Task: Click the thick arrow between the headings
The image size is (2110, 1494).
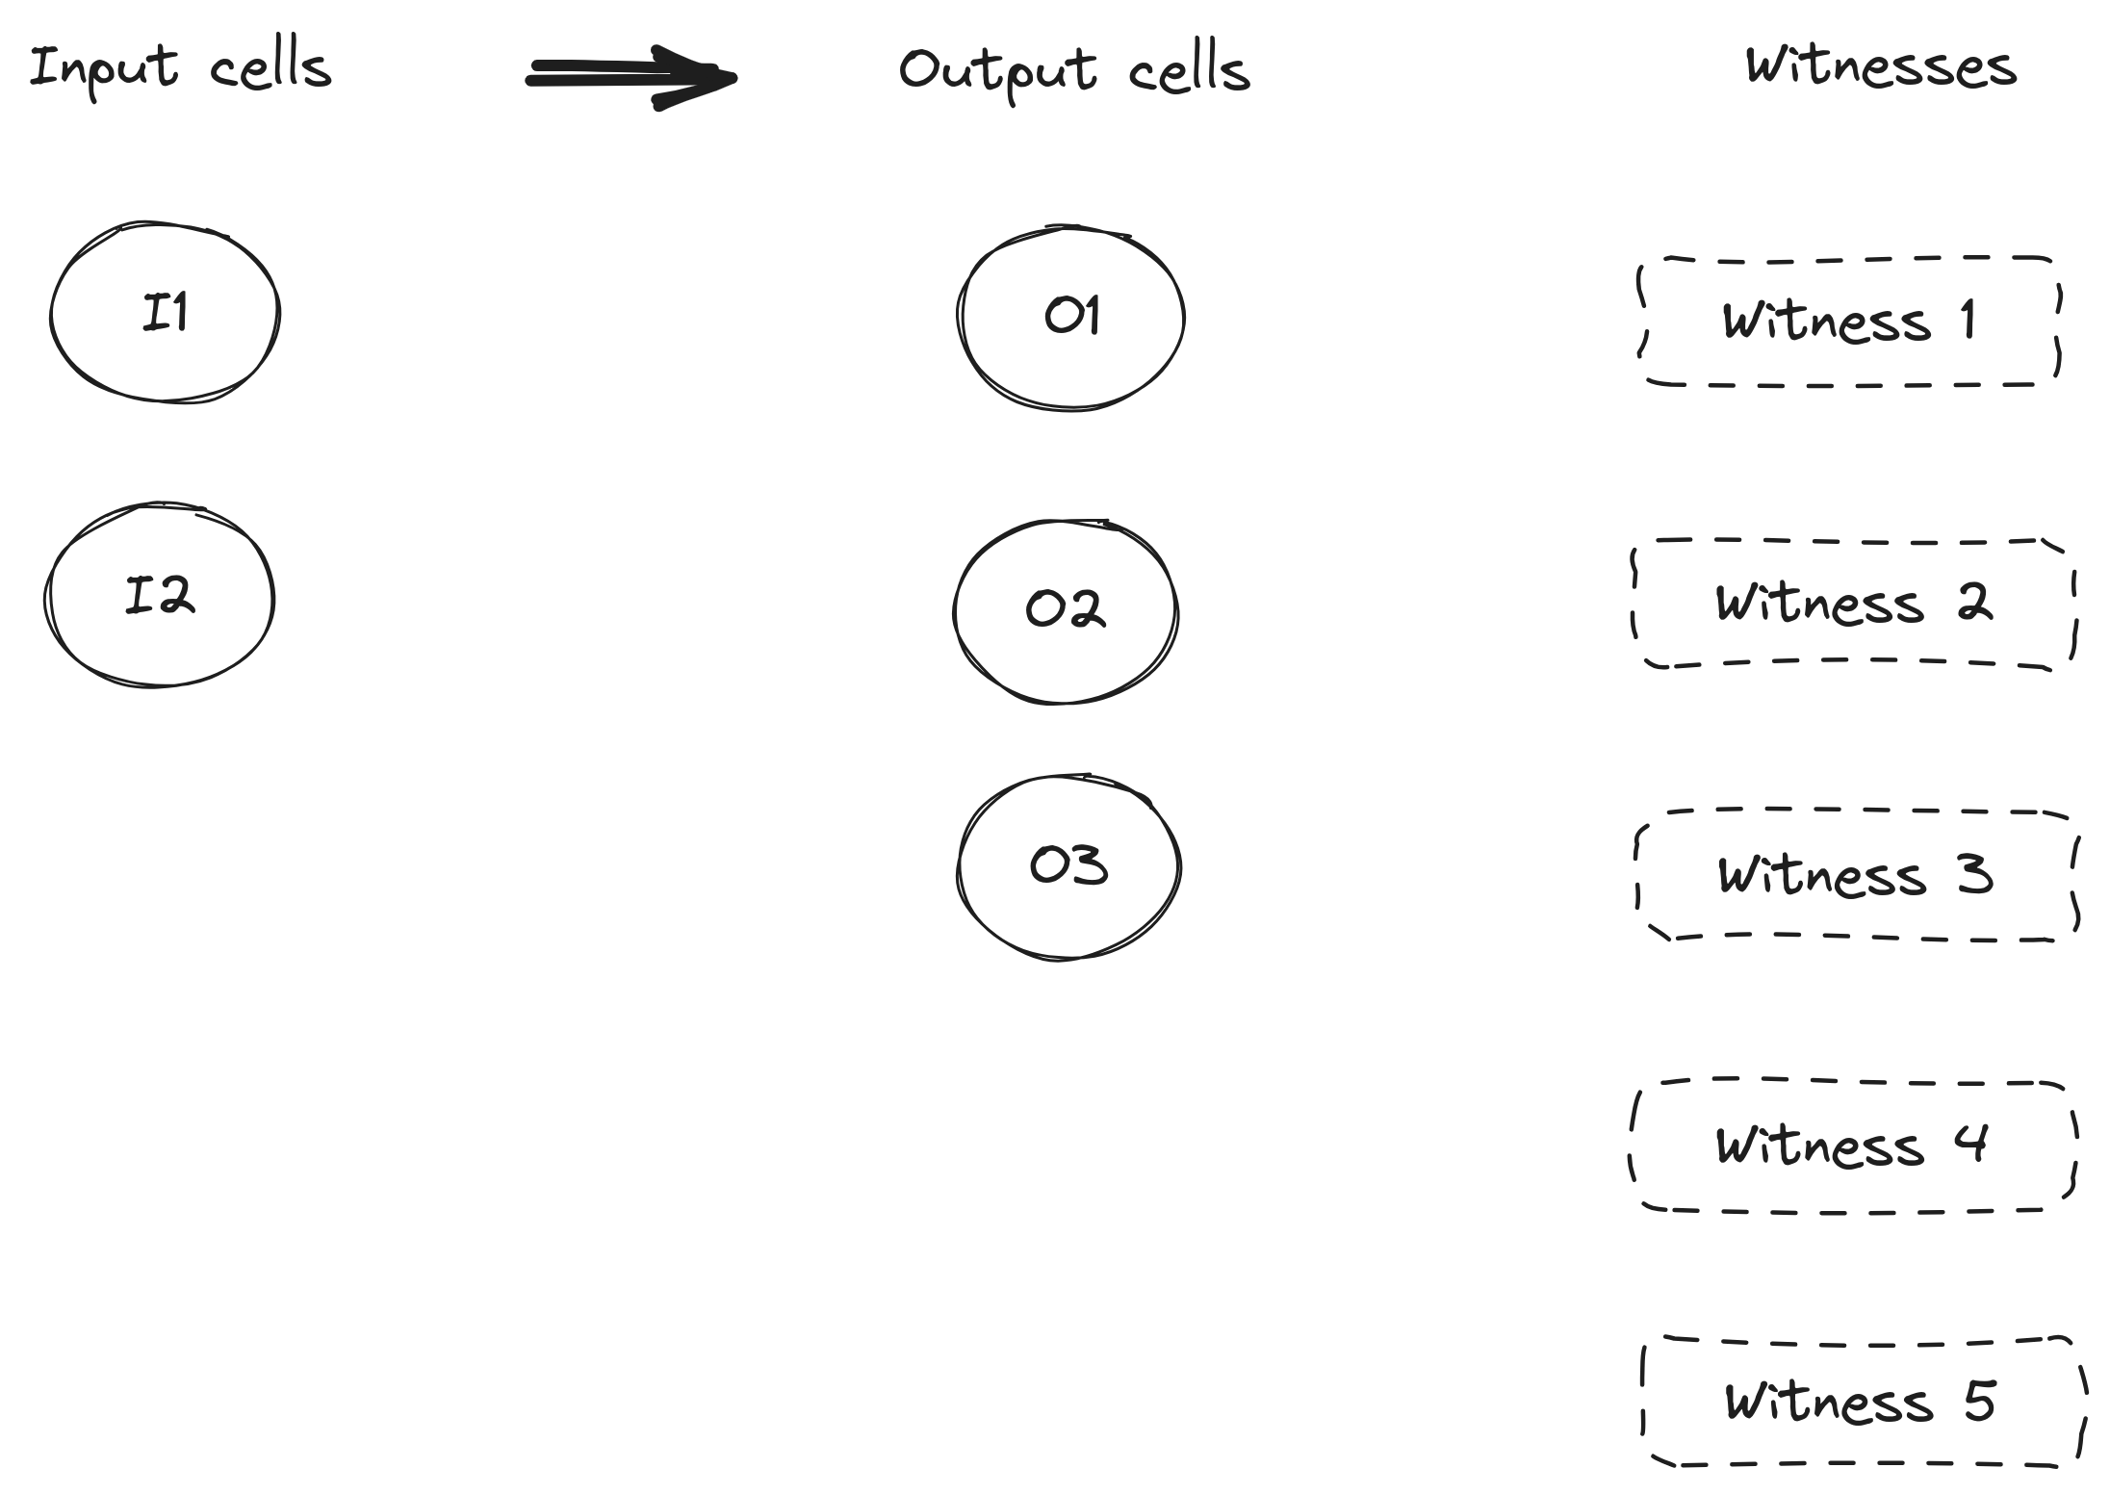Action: tap(631, 77)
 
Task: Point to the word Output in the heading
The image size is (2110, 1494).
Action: tap(997, 72)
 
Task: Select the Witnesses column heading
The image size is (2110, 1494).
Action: tap(1881, 65)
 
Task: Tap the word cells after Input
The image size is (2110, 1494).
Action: tap(270, 66)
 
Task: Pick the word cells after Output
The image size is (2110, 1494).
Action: tap(1190, 70)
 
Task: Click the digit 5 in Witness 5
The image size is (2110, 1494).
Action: tap(1979, 1401)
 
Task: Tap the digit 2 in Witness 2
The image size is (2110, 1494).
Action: tap(1973, 602)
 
